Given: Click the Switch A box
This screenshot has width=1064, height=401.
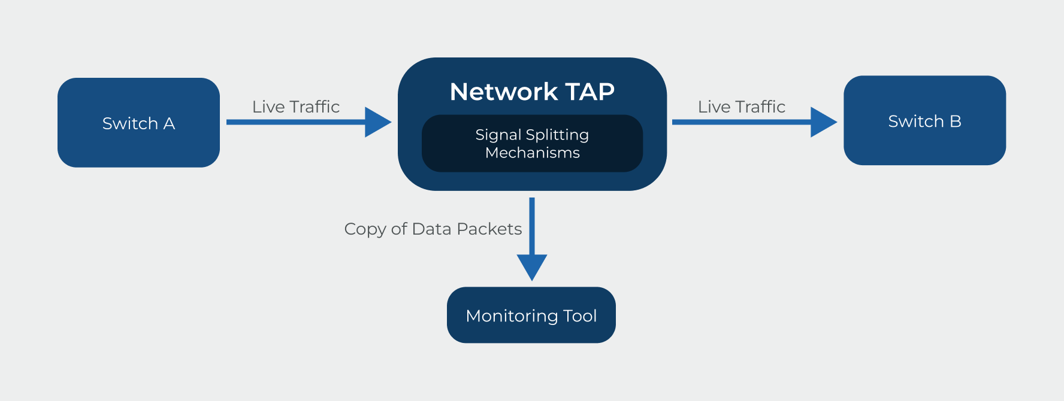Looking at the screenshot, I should point(138,123).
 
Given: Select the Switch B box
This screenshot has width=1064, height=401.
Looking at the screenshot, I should point(924,120).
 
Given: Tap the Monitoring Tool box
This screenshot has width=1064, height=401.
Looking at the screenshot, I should point(531,315).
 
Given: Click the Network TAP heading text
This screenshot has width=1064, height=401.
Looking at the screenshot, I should point(532,92).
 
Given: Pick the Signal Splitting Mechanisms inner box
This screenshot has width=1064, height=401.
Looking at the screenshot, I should point(532,144).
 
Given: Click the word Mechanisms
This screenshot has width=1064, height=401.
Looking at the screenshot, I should point(532,153).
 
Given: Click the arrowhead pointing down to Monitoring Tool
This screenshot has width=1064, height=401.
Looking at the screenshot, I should point(532,266).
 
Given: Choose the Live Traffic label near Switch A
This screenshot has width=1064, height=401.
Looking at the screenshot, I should point(296,107).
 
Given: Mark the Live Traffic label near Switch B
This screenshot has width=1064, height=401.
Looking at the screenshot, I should point(742,107).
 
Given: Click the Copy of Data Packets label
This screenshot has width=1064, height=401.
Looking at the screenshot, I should point(433,229).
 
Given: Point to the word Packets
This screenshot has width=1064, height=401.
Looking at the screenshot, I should point(489,229).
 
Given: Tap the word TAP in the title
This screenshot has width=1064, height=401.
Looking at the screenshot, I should point(590,92).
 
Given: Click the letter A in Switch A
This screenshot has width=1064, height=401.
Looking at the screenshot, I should point(169,123).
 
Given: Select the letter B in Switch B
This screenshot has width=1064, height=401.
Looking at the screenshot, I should point(955,121).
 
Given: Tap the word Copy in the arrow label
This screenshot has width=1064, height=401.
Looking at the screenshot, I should point(364,230).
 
